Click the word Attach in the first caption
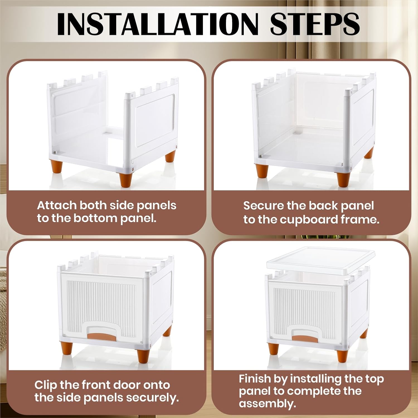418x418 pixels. tap(57, 205)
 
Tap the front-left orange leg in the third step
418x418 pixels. tap(67, 348)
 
